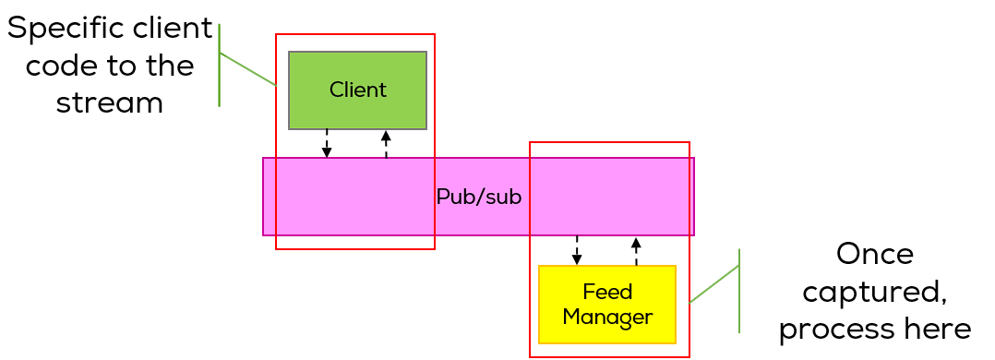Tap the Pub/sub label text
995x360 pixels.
(478, 198)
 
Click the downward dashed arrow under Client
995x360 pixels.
(327, 143)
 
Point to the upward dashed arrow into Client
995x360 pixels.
(386, 144)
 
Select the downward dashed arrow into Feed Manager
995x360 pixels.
(577, 250)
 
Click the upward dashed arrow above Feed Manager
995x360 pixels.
(636, 251)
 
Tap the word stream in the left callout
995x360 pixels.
(109, 102)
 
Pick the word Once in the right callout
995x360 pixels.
(874, 254)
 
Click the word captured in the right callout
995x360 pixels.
(872, 292)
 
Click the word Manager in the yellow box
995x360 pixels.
(607, 318)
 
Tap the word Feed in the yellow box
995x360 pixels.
(607, 293)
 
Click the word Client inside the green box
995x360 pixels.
(357, 90)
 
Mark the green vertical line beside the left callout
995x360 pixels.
(219, 65)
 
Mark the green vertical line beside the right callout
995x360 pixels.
(739, 291)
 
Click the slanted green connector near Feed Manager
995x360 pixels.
(714, 284)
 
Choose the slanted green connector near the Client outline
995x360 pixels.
(247, 69)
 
